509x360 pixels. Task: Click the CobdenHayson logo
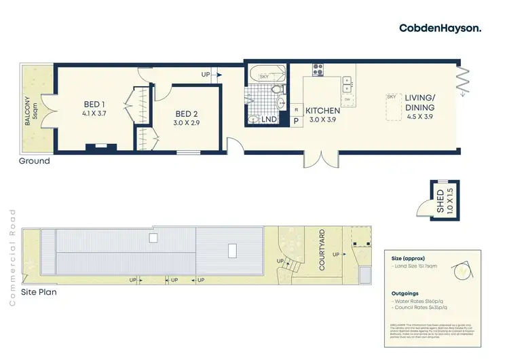coord(440,27)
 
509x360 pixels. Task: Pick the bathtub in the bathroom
coord(265,76)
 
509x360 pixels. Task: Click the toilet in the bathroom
coord(277,89)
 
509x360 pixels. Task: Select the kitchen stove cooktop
coord(318,69)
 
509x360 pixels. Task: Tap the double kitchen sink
coord(348,84)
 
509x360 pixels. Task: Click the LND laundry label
coord(269,120)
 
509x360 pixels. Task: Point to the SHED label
coord(440,202)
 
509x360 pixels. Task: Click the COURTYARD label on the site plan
coord(322,249)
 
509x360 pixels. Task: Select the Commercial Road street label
coord(12,257)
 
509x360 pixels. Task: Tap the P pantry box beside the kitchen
coord(296,121)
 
